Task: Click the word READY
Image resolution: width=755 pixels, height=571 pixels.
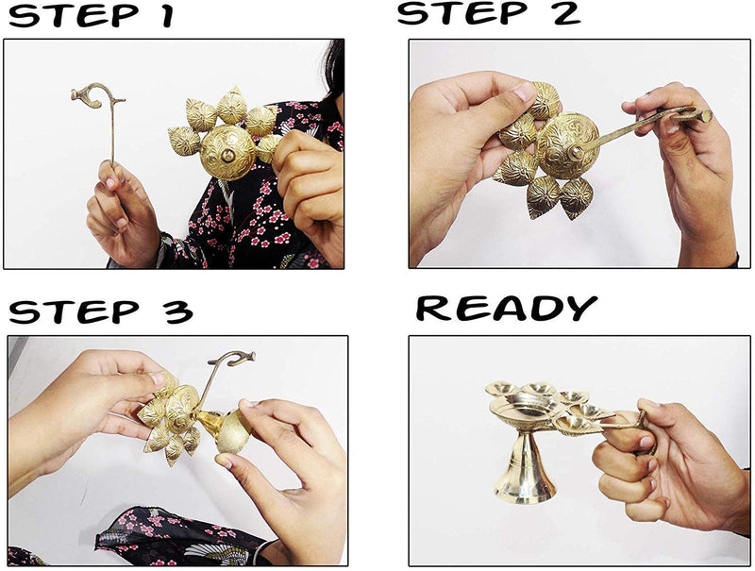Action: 506,308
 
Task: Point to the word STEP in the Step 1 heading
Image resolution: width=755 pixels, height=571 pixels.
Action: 74,15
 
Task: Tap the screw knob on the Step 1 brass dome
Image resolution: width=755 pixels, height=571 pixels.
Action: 227,155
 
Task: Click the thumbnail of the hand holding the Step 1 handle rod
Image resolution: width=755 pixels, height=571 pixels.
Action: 110,183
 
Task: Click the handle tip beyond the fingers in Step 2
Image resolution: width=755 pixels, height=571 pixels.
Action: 706,115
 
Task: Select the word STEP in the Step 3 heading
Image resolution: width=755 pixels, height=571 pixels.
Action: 74,312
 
